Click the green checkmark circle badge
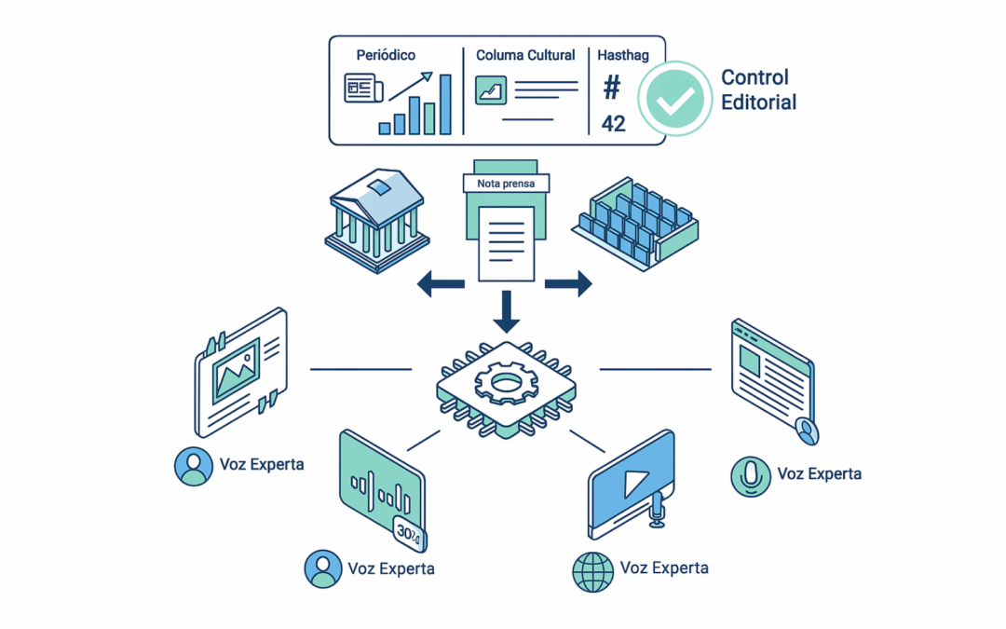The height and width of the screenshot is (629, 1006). click(674, 99)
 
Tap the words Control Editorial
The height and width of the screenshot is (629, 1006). click(758, 89)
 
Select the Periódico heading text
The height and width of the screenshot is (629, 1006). click(385, 56)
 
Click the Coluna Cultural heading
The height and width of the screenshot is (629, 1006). click(525, 56)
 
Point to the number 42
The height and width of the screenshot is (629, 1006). click(614, 123)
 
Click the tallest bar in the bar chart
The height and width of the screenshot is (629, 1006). click(445, 103)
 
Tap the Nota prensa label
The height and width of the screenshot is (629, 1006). click(506, 184)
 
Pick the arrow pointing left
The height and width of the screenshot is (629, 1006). click(440, 283)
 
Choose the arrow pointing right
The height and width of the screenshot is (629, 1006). click(569, 283)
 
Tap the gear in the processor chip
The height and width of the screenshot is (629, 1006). click(505, 381)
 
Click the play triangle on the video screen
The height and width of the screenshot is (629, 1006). click(634, 483)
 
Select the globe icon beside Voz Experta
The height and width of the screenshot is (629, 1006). click(593, 570)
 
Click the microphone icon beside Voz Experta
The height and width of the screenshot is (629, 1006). click(750, 475)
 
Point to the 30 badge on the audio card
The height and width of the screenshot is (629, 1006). click(407, 531)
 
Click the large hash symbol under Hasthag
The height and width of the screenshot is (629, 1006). click(612, 89)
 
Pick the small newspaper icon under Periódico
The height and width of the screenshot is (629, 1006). click(363, 89)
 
